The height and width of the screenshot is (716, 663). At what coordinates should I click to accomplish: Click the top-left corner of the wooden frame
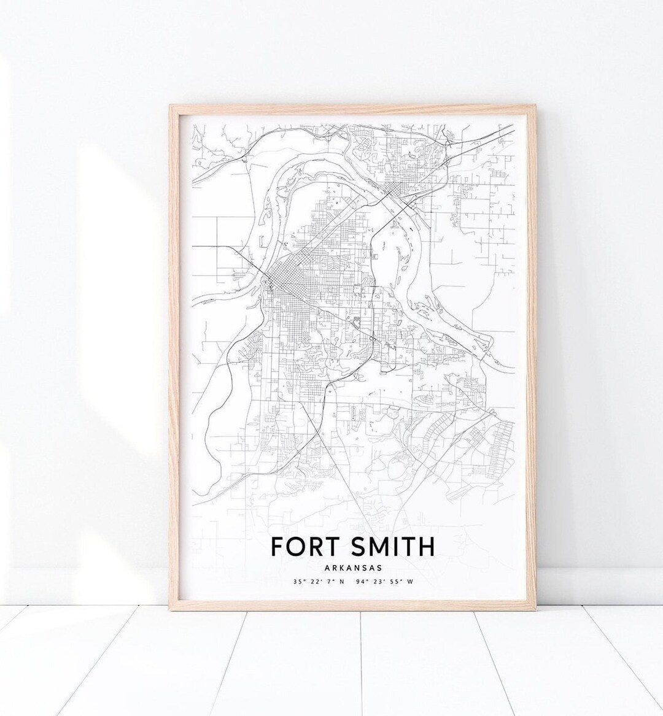coord(170,105)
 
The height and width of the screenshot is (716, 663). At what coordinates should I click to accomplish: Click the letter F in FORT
coord(277,545)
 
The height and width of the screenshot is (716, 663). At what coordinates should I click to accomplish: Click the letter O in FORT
coord(295,545)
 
